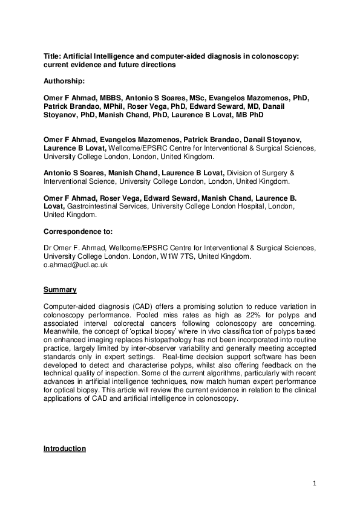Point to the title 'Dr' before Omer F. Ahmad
(x=48, y=248)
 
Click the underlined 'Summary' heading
(x=59, y=290)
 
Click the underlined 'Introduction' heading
(x=65, y=449)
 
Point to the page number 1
(x=315, y=483)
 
